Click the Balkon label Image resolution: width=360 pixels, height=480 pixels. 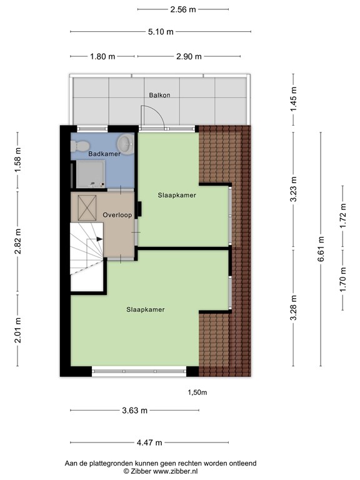click(x=159, y=96)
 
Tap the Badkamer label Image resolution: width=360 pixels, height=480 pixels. click(x=104, y=154)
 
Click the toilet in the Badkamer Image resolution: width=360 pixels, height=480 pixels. click(x=80, y=145)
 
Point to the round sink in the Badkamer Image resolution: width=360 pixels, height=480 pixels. click(x=125, y=144)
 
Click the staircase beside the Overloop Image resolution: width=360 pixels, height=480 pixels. click(x=86, y=256)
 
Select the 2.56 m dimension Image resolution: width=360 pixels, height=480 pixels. click(x=182, y=9)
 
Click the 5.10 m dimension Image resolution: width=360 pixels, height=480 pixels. click(x=161, y=32)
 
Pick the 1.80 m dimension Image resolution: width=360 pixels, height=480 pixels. click(x=103, y=56)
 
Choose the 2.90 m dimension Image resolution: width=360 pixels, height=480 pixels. click(x=189, y=56)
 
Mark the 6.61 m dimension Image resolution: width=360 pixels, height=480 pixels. click(x=321, y=239)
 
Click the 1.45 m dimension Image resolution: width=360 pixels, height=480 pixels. click(x=294, y=99)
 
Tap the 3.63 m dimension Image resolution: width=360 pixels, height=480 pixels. click(x=135, y=411)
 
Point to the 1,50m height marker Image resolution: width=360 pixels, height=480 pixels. click(x=197, y=392)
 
